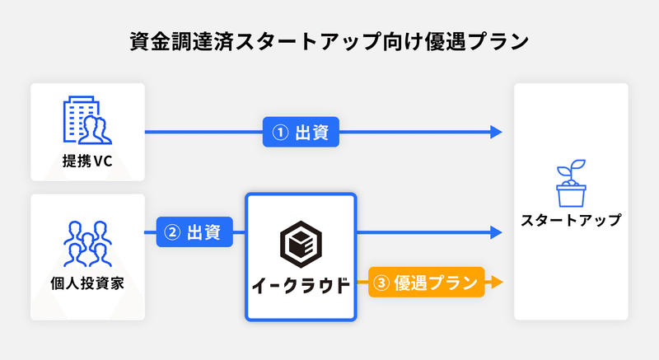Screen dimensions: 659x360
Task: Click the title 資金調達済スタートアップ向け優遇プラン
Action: (x=329, y=41)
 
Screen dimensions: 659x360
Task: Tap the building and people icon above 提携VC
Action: (x=87, y=120)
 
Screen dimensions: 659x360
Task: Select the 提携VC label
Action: (x=87, y=161)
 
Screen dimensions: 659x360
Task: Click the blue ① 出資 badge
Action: (x=301, y=132)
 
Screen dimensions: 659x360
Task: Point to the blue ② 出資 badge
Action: (x=194, y=231)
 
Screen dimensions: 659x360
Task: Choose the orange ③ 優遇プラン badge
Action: (x=427, y=283)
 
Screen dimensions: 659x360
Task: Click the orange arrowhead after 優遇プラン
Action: (x=497, y=282)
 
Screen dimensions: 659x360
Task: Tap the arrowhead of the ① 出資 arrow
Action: (x=497, y=132)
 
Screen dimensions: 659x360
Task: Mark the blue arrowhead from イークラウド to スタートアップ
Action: (x=497, y=231)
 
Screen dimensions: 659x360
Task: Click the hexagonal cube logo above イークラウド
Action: (x=301, y=245)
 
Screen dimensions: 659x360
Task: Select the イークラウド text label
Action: (x=301, y=286)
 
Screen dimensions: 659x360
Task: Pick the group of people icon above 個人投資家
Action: (x=87, y=244)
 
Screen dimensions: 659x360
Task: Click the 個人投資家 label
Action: (x=87, y=283)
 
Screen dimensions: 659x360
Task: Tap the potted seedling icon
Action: (x=571, y=183)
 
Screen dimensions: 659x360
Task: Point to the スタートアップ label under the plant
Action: (x=571, y=220)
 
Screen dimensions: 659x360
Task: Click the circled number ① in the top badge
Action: (x=280, y=133)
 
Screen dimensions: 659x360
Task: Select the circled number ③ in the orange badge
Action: (x=381, y=283)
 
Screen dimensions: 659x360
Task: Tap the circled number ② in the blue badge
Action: (x=172, y=232)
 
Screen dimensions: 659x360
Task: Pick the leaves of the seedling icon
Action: (x=571, y=168)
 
